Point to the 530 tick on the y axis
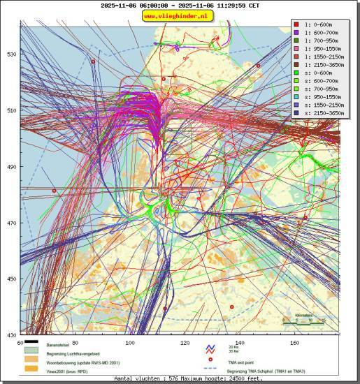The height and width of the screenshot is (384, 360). point(11,54)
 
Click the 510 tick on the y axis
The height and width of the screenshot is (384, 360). point(11,110)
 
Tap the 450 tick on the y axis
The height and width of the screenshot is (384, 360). point(11,279)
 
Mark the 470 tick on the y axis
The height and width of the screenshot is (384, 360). point(11,223)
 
